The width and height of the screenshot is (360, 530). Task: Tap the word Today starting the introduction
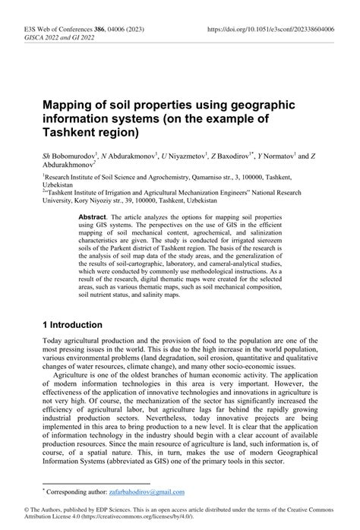pos(54,343)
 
